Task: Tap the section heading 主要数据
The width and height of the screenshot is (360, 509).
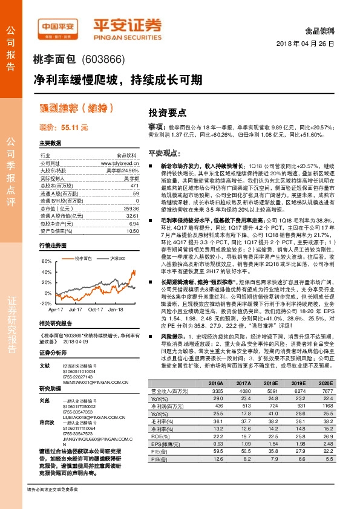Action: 50,143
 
